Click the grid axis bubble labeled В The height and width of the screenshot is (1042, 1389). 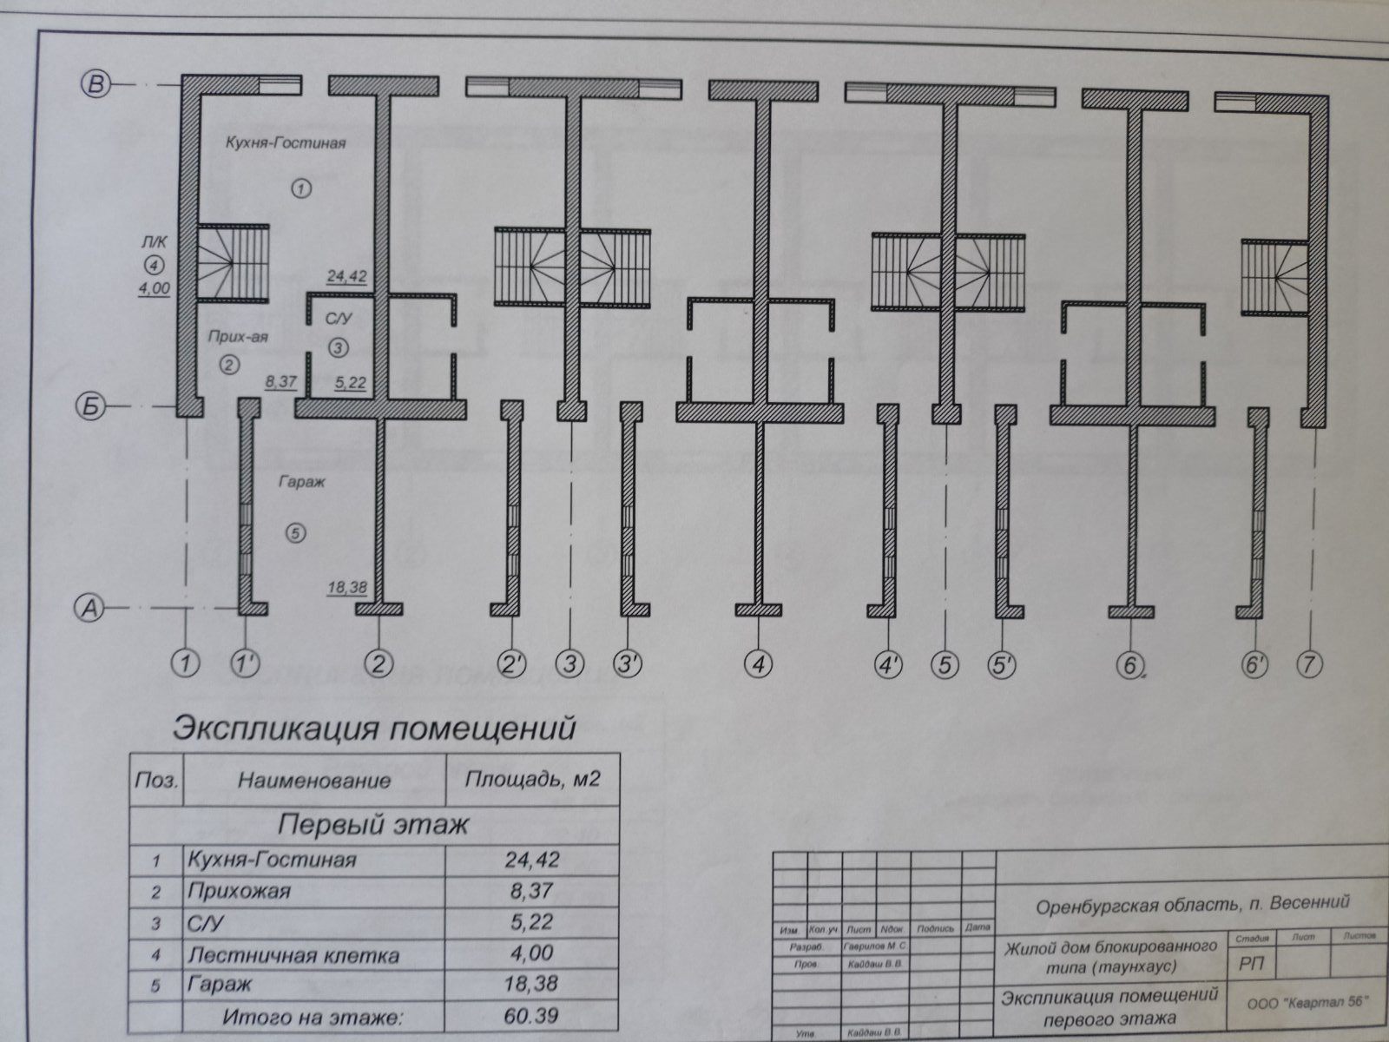[x=95, y=84]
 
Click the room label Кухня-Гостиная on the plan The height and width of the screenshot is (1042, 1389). [x=287, y=142]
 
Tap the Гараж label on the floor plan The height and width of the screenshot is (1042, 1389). [x=302, y=482]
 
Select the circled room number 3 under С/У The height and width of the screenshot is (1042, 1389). [x=339, y=348]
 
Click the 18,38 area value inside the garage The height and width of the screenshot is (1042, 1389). [x=346, y=588]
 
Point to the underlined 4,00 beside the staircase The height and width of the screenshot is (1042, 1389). [x=154, y=289]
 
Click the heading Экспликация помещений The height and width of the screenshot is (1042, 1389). [x=374, y=728]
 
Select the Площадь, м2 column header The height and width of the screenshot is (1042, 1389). [x=532, y=778]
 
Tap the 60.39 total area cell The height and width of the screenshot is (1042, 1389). [x=532, y=1015]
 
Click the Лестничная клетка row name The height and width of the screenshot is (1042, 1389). [x=293, y=956]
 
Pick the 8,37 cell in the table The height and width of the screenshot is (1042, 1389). [x=532, y=891]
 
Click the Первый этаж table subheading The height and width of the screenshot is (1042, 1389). [x=374, y=823]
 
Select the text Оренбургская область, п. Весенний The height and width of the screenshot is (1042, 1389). [x=1194, y=904]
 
